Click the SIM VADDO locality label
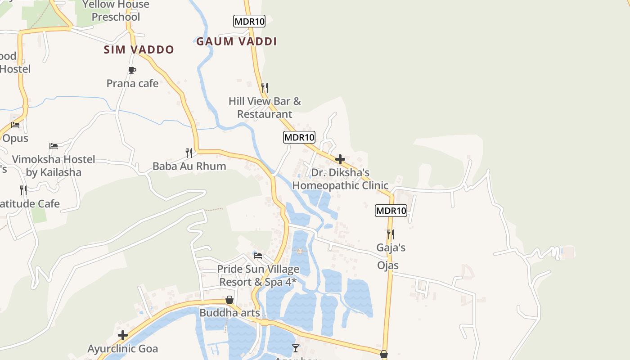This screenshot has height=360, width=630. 139,49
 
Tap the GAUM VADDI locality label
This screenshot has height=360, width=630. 236,41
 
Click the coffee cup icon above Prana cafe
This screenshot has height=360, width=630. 132,70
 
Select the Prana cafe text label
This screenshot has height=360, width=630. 132,83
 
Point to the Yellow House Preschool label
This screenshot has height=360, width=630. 116,11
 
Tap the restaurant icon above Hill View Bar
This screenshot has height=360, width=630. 265,87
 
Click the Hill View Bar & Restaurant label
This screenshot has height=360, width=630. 265,108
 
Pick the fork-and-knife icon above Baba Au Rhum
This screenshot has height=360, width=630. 189,153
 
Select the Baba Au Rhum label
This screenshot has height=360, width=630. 189,166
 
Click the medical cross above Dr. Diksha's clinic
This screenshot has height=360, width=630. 340,159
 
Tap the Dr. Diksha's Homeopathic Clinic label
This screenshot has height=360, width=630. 340,179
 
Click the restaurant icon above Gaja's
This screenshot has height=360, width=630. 391,234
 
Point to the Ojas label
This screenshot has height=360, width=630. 388,265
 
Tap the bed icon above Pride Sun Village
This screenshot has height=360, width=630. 258,256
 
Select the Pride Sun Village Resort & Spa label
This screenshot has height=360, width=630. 258,275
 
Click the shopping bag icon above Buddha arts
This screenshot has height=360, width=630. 229,300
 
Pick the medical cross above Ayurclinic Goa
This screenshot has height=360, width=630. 123,335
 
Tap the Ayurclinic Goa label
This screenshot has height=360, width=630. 123,349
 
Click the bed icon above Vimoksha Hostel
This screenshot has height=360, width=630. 54,146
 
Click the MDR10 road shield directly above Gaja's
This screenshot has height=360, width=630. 391,210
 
